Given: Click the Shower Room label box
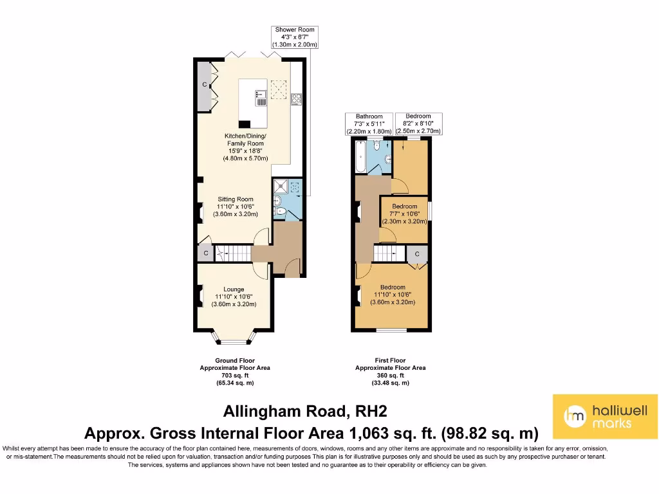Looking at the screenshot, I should click(x=295, y=37).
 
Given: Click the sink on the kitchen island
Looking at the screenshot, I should click(x=261, y=100).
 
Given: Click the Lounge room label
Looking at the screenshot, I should click(x=234, y=297).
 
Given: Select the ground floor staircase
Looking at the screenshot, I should click(x=232, y=253).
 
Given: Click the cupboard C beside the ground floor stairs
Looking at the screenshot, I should click(x=205, y=253).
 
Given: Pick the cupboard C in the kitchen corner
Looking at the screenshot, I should click(x=205, y=85).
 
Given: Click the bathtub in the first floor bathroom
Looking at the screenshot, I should click(x=359, y=157).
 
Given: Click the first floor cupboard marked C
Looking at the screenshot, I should click(x=417, y=254).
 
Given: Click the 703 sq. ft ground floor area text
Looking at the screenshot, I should click(x=234, y=375).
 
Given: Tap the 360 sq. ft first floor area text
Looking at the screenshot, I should click(x=390, y=375).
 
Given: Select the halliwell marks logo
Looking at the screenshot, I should click(x=605, y=417).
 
